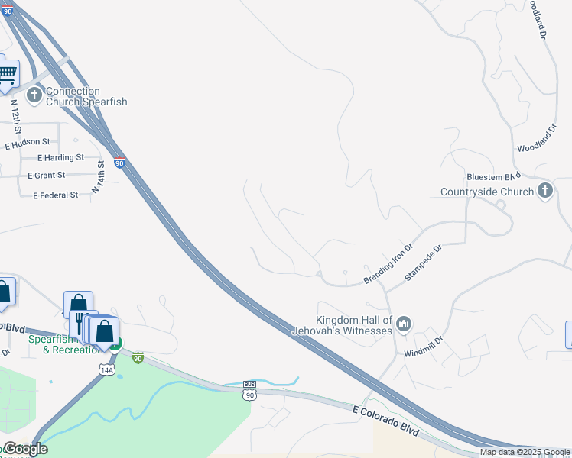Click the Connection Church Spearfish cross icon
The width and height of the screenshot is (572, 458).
(34, 95)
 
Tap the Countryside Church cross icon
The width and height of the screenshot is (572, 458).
(544, 191)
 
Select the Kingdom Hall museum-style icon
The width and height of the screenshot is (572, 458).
(405, 324)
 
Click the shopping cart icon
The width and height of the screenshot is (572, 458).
(7, 75)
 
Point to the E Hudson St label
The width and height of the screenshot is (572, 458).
(28, 143)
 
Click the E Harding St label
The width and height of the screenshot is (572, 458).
(61, 158)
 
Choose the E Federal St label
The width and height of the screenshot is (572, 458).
(56, 195)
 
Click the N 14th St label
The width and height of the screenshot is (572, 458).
(98, 175)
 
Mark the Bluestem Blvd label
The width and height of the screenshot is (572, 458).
(466, 175)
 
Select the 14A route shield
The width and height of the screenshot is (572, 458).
(106, 369)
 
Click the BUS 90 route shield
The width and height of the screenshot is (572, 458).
(250, 390)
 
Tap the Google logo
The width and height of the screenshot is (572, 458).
(25, 449)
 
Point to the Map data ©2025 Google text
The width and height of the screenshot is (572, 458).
(524, 452)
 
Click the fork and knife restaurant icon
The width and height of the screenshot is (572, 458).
(80, 324)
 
